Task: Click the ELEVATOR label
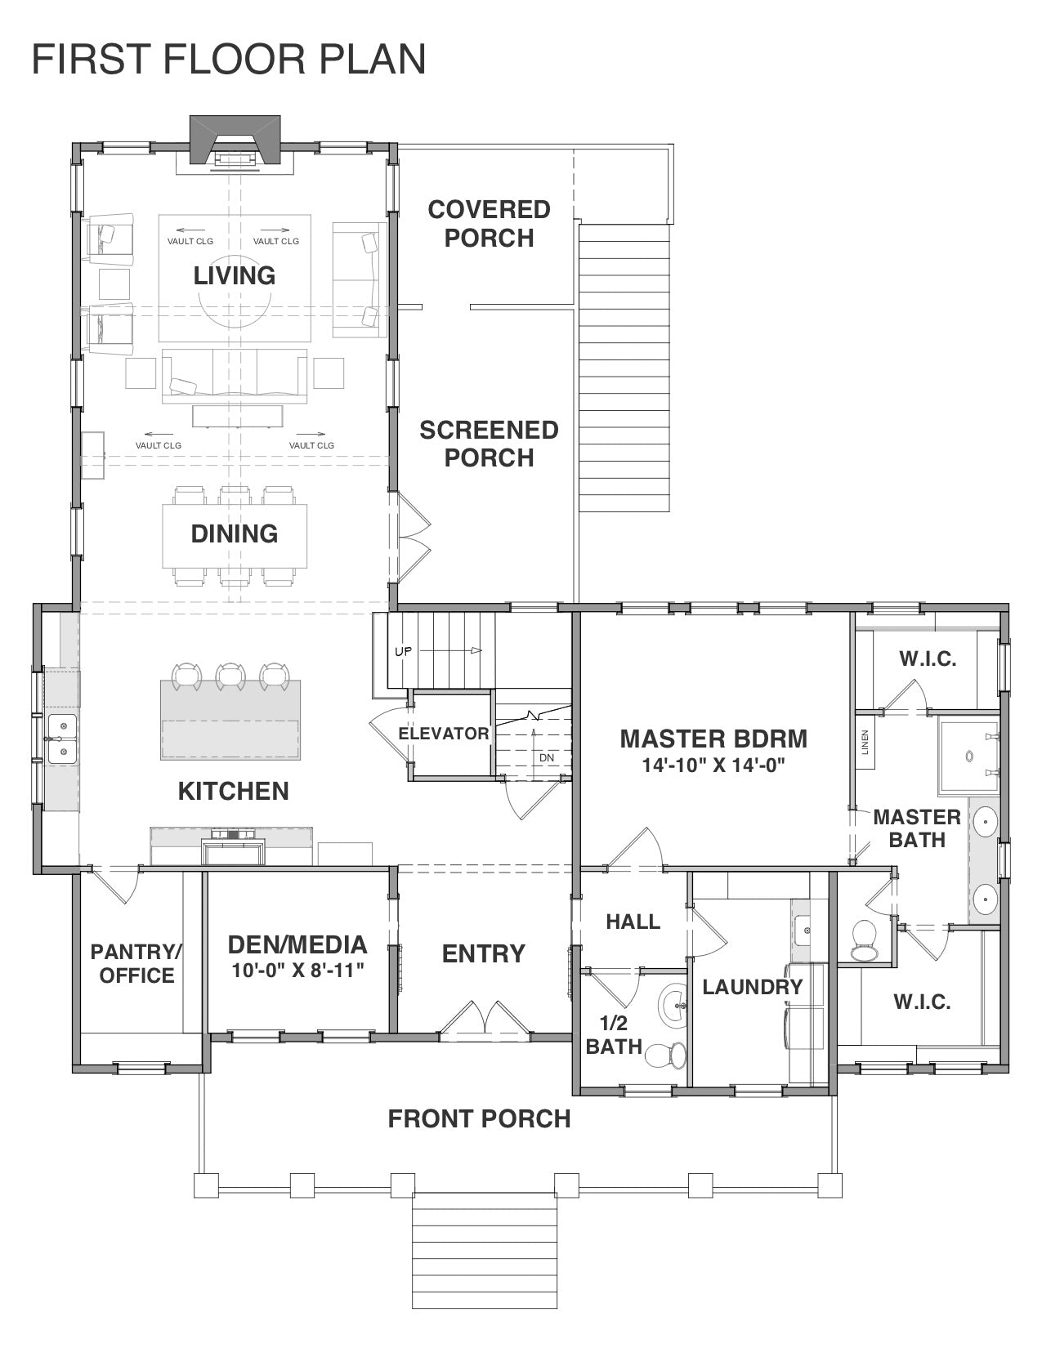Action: pos(443,734)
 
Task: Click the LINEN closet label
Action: pos(865,743)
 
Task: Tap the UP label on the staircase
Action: pos(403,651)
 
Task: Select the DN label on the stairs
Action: pos(546,757)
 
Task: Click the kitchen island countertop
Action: pos(230,720)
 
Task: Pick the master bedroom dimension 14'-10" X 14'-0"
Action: pos(713,766)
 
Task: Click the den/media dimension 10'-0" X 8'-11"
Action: pos(298,971)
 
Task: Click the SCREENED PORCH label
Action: pos(489,444)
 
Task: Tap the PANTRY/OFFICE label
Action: pos(136,963)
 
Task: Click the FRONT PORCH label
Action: pos(479,1119)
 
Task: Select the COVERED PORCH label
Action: pos(489,224)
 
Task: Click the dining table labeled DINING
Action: pos(235,536)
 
